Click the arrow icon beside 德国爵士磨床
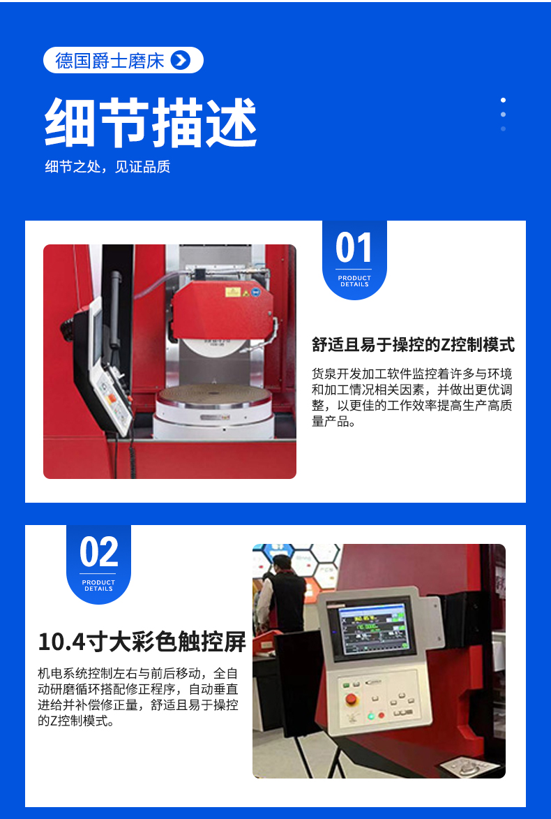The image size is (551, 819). pos(181,61)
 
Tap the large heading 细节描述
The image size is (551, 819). pos(151,122)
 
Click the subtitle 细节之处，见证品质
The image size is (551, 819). pos(107,167)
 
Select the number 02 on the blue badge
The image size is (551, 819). pos(98,552)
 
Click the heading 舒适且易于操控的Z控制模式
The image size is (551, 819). pos(413,345)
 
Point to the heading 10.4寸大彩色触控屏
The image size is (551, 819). pos(142,642)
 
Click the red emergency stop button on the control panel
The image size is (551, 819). pos(352,699)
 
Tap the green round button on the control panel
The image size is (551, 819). pos(371,716)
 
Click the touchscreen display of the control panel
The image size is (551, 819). pos(372,628)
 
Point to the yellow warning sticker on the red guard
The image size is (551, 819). pos(233,292)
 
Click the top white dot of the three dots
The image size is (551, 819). pos(503,100)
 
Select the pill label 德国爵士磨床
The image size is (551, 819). pos(123,60)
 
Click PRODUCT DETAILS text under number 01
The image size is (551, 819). pos(354,281)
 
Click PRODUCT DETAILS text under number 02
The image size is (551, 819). pos(98,586)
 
